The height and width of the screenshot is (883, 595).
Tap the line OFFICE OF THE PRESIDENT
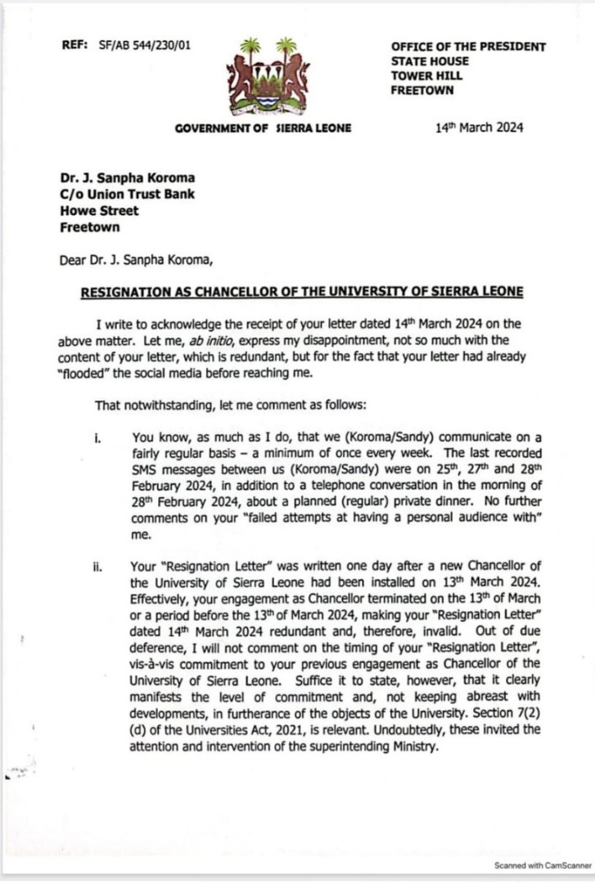468,47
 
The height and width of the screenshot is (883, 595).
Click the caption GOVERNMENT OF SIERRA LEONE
263,128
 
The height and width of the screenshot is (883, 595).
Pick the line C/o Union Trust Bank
128,195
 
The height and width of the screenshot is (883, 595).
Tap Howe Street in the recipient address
100,211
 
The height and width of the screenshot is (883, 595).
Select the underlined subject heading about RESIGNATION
300,292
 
